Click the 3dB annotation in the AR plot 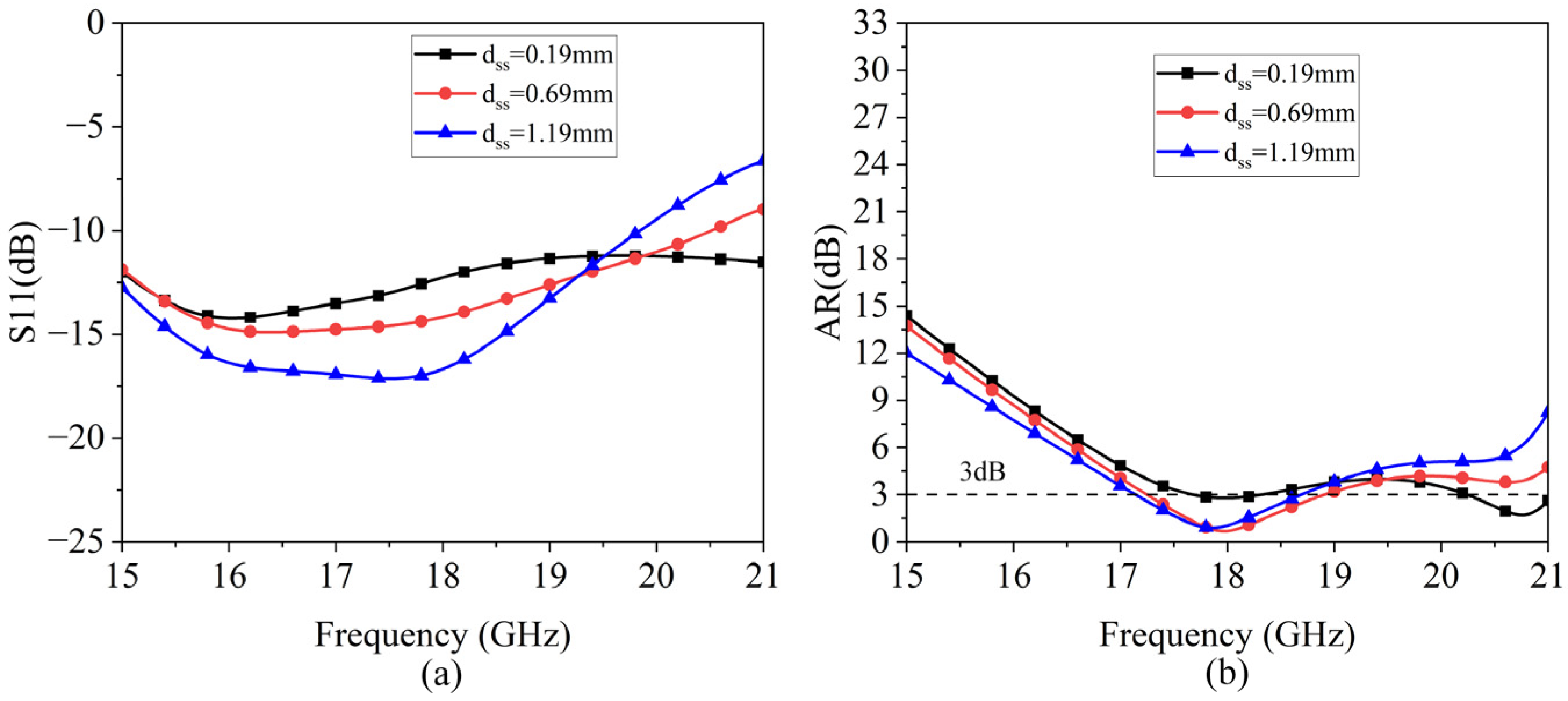coord(982,472)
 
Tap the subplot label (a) coord(442,675)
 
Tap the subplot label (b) coord(1227,675)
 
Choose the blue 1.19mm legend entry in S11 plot coord(515,133)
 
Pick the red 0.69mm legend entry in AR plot coord(1256,113)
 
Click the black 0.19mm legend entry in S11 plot coord(515,55)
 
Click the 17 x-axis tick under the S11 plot coord(336,575)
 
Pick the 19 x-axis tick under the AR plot coord(1335,575)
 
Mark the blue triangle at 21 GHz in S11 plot coord(762,160)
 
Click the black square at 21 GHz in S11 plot coord(762,262)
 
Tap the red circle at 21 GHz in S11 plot coord(762,209)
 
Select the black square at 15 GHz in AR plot coord(907,316)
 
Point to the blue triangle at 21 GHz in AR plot coord(1547,412)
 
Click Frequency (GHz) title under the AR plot coord(1227,635)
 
